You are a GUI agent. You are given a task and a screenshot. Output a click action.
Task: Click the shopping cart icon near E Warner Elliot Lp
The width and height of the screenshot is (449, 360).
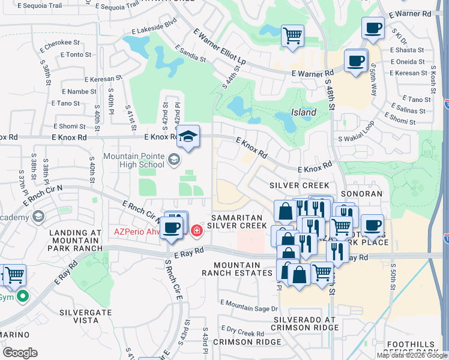pyautogui.click(x=292, y=35)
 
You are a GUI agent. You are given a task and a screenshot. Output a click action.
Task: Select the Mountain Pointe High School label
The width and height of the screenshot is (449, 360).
pyautogui.click(x=133, y=160)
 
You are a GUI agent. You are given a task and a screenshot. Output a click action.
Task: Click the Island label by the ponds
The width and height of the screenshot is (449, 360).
pyautogui.click(x=304, y=112)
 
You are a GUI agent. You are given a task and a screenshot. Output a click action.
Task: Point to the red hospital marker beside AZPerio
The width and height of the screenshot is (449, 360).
pyautogui.click(x=196, y=230)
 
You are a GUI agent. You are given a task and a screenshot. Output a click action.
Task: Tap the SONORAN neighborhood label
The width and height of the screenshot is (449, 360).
pyautogui.click(x=361, y=194)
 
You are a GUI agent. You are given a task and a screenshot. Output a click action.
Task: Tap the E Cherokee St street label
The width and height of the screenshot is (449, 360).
pyautogui.click(x=58, y=43)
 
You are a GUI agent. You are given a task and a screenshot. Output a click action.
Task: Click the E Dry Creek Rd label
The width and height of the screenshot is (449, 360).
pyautogui.click(x=242, y=330)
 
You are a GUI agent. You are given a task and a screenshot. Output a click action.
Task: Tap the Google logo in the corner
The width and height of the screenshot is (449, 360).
pyautogui.click(x=20, y=353)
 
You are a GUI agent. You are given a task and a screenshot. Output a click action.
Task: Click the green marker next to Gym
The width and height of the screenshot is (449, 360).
pyautogui.click(x=23, y=296)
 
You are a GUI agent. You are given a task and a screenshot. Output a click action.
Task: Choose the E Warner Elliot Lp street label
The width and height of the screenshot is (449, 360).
pyautogui.click(x=220, y=49)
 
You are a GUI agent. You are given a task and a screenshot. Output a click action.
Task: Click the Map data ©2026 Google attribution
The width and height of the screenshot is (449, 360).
pyautogui.click(x=412, y=355)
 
